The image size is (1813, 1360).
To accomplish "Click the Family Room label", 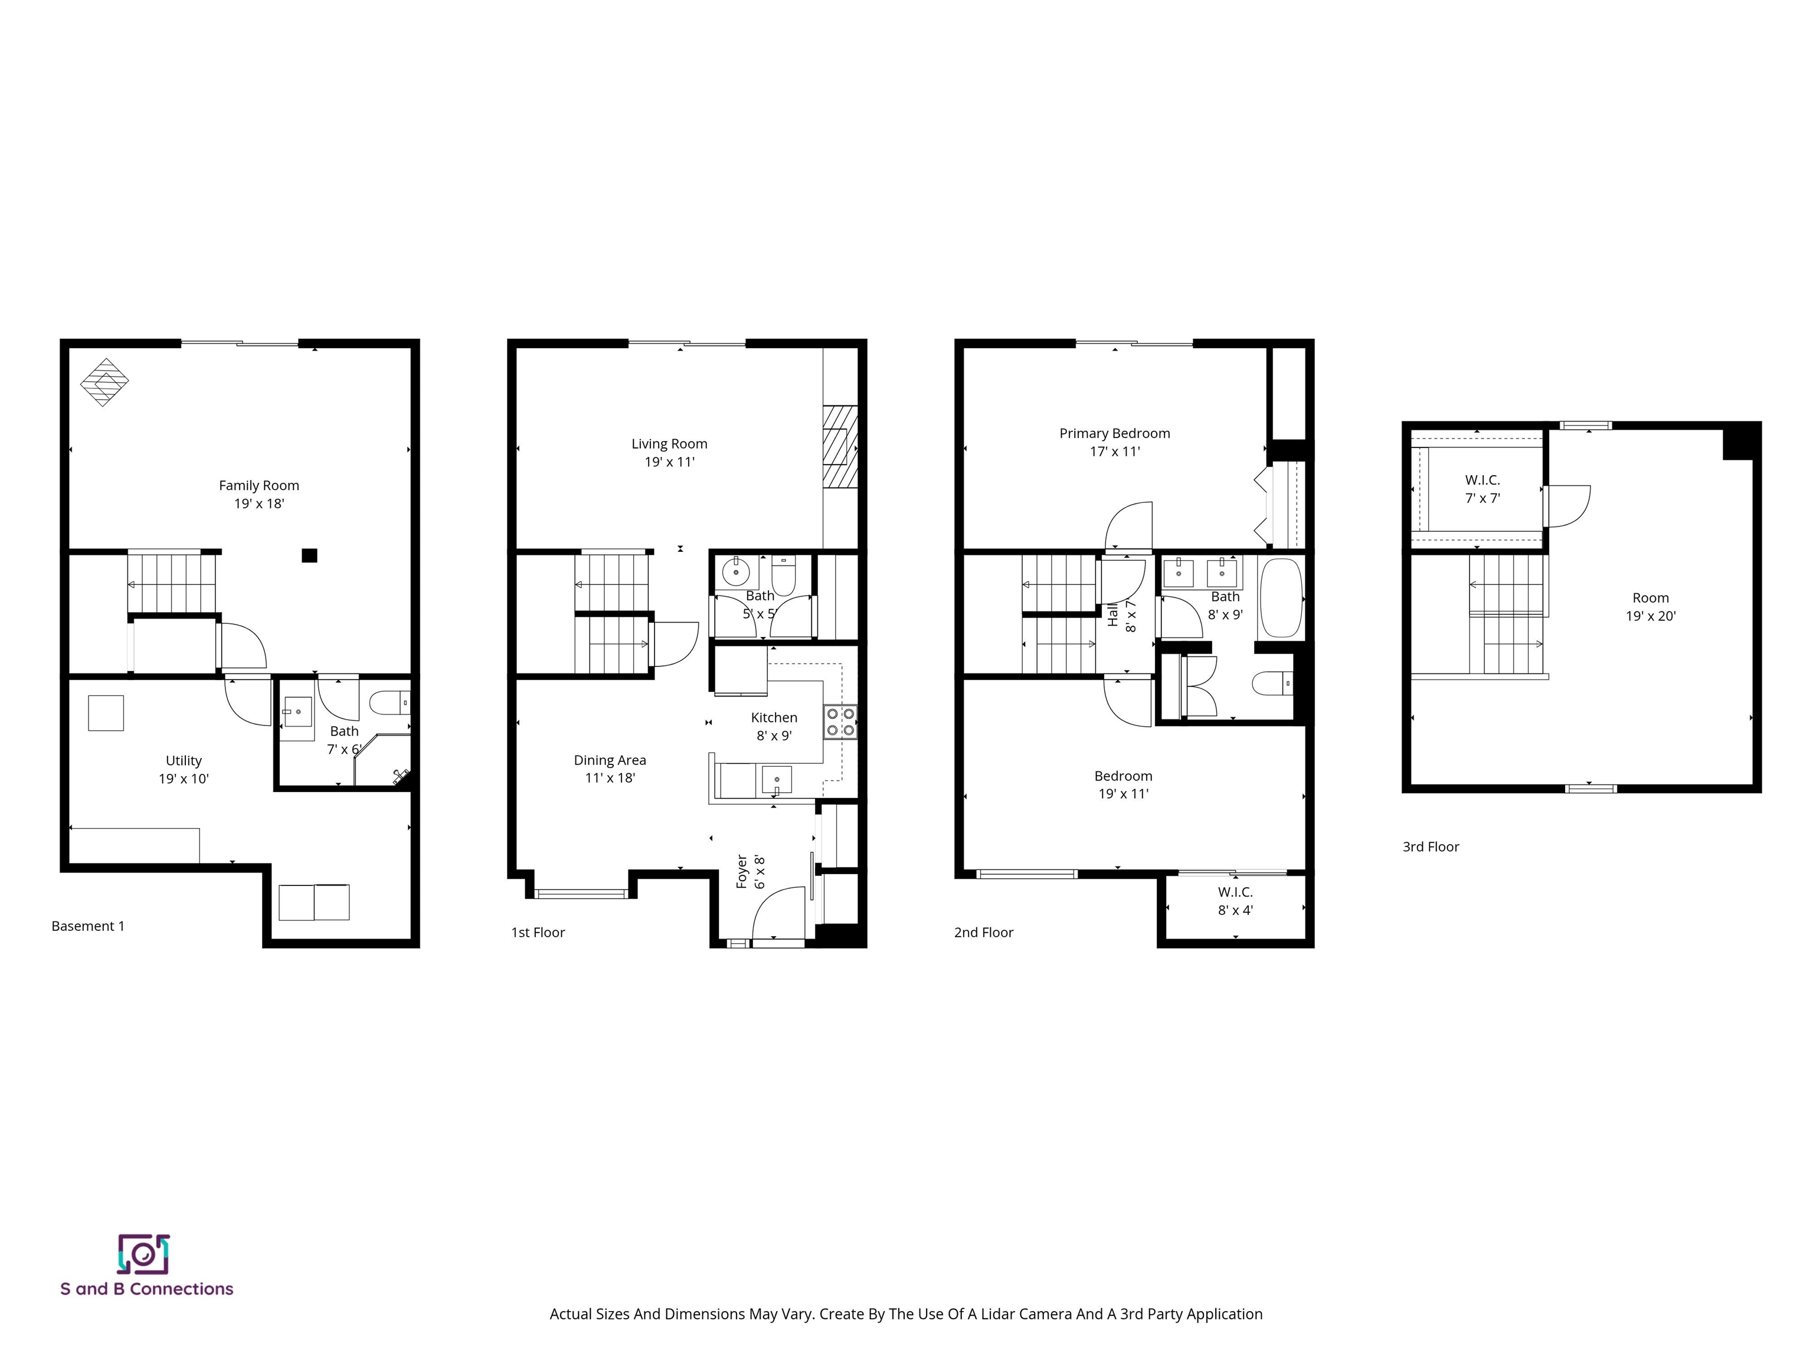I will pos(259,494).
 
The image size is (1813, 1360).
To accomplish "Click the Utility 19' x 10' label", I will pos(184,770).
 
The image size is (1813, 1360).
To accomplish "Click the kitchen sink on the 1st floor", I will pos(775,779).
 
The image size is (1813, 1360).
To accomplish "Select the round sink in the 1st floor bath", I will pos(735,571).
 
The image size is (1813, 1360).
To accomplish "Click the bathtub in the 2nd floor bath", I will pos(1280,597).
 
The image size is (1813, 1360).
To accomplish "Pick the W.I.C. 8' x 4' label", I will pos(1235,901).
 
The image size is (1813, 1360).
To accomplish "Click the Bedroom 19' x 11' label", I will pos(1123,784).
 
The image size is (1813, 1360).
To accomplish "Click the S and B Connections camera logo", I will pos(143,1254).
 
